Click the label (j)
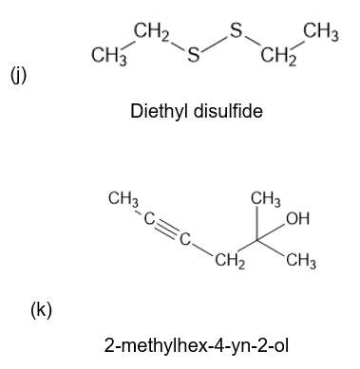[x=19, y=77]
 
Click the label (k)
[x=41, y=310]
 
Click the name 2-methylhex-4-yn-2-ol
[x=197, y=345]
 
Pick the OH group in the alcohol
[x=297, y=218]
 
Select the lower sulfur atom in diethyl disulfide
[x=194, y=54]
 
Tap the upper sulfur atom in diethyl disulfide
[x=236, y=31]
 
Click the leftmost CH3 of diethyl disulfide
[x=109, y=57]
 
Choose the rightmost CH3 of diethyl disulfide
[x=321, y=33]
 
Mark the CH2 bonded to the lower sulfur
[x=152, y=33]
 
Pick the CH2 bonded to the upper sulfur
[x=278, y=57]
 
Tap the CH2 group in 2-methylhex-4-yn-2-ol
[x=230, y=262]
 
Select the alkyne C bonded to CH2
[x=185, y=240]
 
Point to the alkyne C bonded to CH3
[x=149, y=218]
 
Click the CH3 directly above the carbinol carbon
[x=266, y=199]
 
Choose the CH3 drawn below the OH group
[x=301, y=262]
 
